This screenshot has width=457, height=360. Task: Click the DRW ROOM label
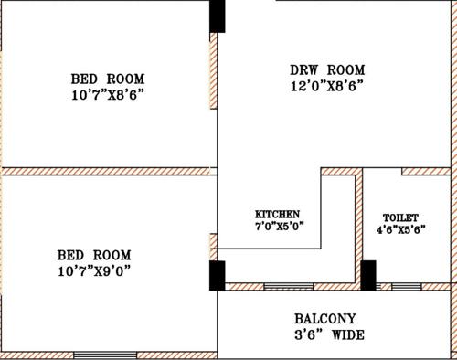(327, 70)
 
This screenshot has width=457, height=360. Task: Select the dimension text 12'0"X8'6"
(327, 88)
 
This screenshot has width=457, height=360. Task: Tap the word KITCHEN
(278, 214)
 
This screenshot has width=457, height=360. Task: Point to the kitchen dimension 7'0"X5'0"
(279, 227)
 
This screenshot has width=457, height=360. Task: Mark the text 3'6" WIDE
(329, 336)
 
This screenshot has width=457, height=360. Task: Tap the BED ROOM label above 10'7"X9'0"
(93, 255)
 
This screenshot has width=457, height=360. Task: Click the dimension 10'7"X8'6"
(108, 94)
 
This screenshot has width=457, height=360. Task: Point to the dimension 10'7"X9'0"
(93, 271)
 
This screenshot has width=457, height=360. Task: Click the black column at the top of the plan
(218, 16)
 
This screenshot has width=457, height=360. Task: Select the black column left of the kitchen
(218, 276)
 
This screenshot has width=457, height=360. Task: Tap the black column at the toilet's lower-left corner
(368, 275)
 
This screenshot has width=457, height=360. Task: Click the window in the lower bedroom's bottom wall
(105, 355)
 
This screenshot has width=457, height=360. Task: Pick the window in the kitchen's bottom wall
(288, 287)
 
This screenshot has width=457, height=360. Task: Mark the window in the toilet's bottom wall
(407, 287)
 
